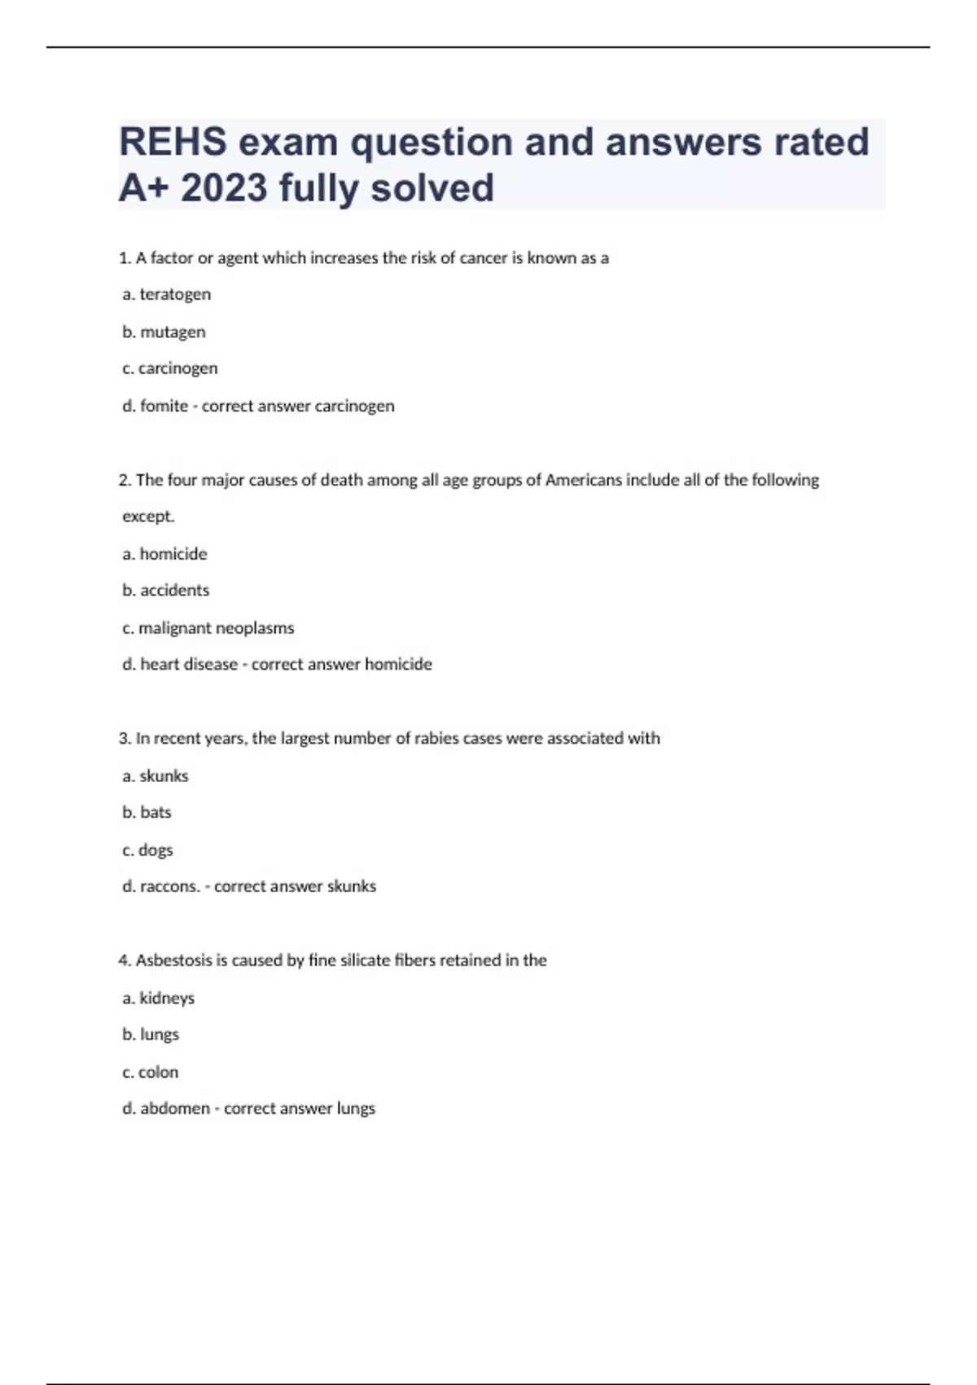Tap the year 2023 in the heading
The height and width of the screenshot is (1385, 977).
[224, 188]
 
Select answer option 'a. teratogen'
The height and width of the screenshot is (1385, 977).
[166, 294]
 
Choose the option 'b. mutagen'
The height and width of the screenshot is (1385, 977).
[164, 332]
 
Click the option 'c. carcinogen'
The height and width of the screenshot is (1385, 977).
[169, 368]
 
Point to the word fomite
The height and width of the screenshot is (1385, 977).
[164, 406]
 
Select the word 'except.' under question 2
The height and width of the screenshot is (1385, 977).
[148, 517]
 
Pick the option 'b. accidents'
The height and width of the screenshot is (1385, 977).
[165, 591]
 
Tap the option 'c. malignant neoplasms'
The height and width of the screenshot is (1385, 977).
[208, 628]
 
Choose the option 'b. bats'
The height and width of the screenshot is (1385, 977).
[147, 812]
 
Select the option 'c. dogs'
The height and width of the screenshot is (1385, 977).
[147, 850]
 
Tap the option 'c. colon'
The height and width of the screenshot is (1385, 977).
[150, 1072]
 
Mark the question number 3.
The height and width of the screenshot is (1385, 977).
[124, 738]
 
